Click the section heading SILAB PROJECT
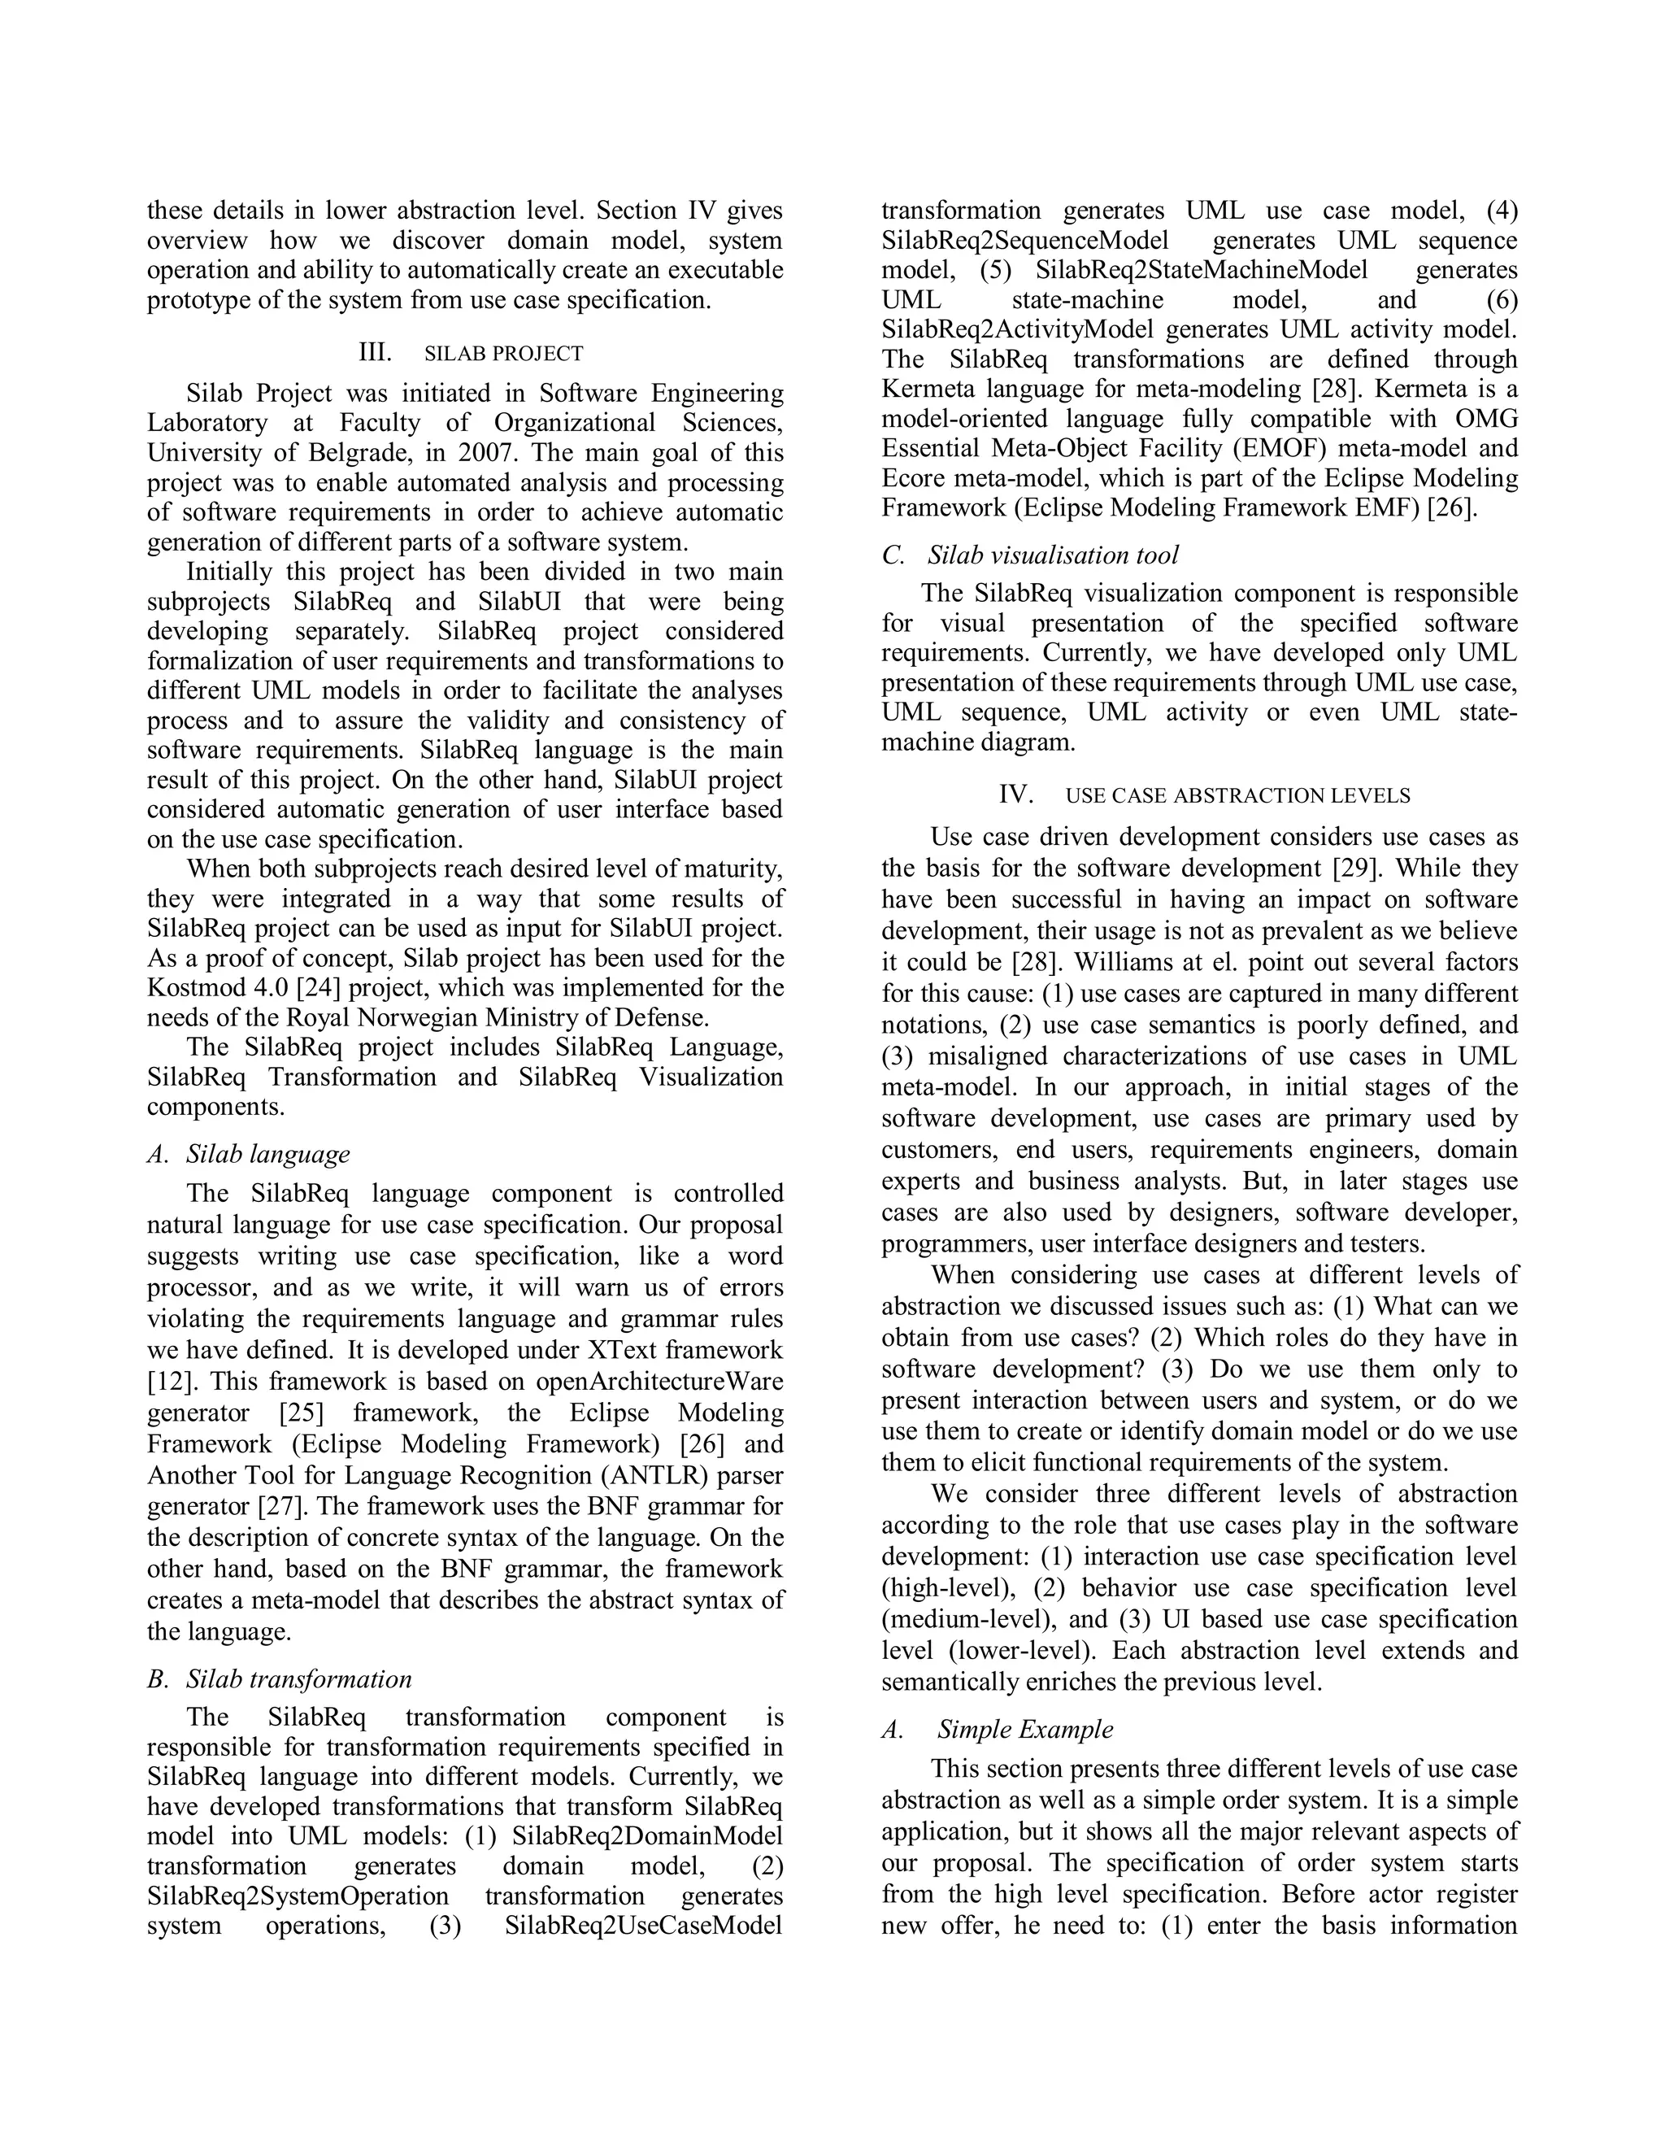tap(503, 353)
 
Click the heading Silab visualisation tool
tap(1053, 555)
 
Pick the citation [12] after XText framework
tap(168, 1381)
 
